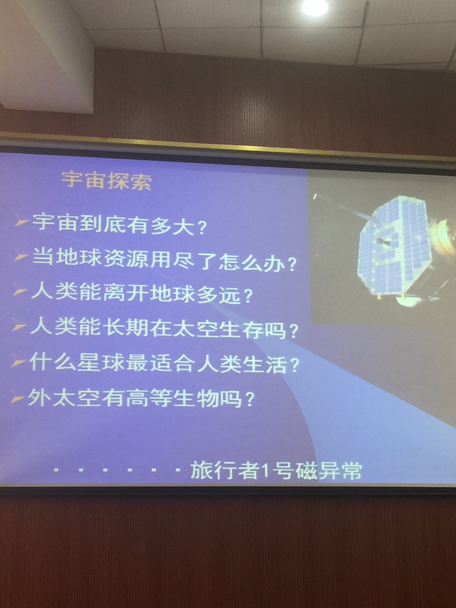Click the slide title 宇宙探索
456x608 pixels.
tap(106, 181)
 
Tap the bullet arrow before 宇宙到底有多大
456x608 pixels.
tap(22, 222)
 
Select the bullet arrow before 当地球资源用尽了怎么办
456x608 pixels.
tap(20, 257)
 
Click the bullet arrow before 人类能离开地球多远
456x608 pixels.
tap(20, 292)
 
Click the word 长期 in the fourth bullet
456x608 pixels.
tap(127, 328)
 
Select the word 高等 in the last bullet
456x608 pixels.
tap(150, 398)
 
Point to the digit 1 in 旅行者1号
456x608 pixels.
tap(265, 471)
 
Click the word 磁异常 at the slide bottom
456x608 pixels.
tap(329, 470)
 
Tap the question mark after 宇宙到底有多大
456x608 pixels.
tap(203, 227)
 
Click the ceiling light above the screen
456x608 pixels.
tap(315, 8)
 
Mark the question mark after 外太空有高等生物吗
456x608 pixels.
tap(249, 399)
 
